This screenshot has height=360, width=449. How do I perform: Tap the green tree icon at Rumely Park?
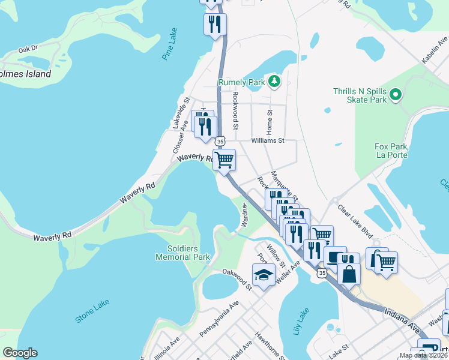click(x=274, y=80)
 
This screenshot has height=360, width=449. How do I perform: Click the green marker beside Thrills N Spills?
click(x=396, y=95)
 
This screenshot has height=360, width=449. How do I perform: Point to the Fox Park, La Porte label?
click(x=391, y=151)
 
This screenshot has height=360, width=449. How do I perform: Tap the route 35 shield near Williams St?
click(x=220, y=141)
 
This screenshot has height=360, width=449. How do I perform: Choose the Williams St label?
click(x=267, y=141)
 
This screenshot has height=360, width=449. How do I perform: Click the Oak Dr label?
click(x=28, y=49)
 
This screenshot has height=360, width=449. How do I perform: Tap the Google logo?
click(x=19, y=353)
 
